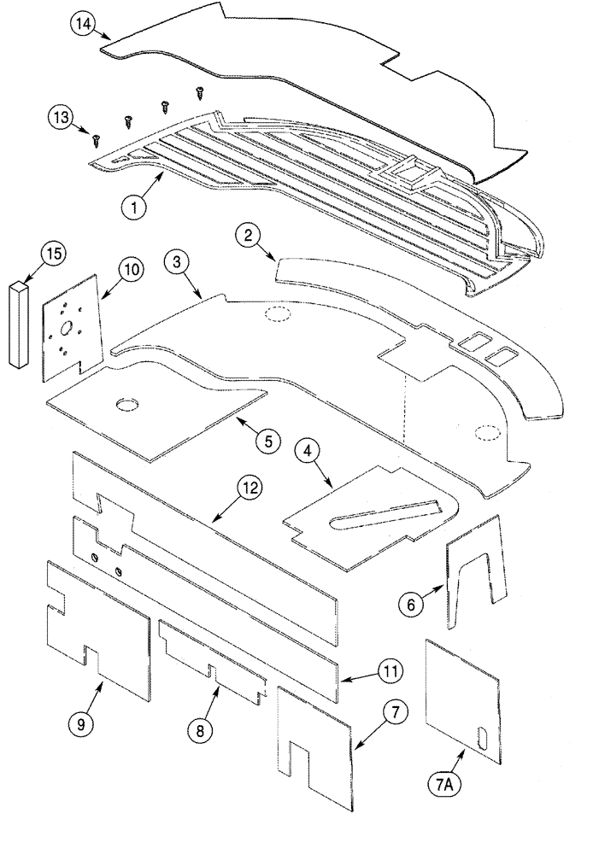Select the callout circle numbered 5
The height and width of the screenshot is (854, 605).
point(267,441)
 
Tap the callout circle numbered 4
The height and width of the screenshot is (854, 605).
point(308,452)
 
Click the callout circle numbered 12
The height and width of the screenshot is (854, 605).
point(249,489)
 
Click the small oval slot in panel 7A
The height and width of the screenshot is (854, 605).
point(485,737)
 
